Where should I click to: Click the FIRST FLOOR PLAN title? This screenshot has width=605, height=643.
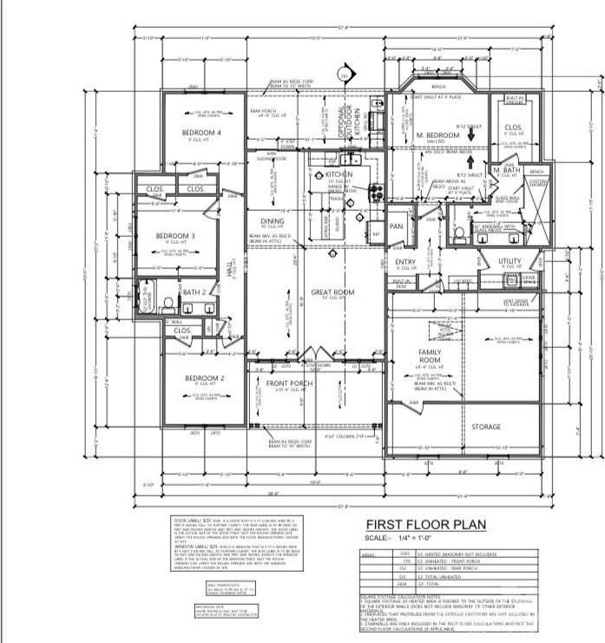point(424,524)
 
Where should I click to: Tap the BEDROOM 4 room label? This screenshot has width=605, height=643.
point(201,133)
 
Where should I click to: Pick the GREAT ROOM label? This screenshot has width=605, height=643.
point(332,293)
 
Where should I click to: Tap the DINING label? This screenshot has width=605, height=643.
point(260,221)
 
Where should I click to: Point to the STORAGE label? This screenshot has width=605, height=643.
point(486,427)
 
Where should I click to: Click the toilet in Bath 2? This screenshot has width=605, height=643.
point(168,304)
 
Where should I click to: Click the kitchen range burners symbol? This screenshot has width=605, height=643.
point(374,193)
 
